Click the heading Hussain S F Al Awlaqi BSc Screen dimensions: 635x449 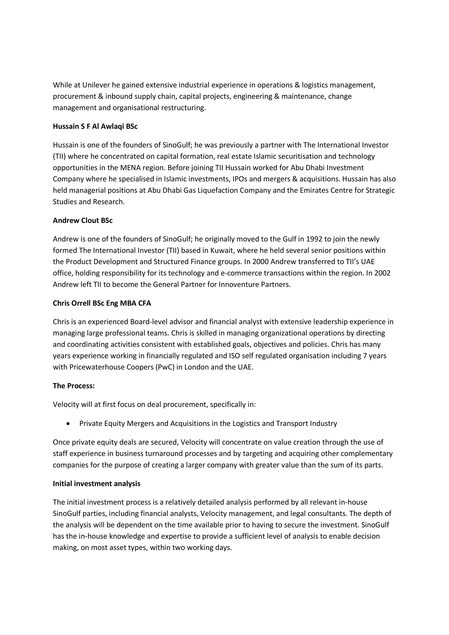(x=95, y=126)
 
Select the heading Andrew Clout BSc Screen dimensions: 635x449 (x=83, y=220)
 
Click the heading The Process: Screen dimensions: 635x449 (x=74, y=386)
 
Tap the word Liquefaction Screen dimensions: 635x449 (x=218, y=190)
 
